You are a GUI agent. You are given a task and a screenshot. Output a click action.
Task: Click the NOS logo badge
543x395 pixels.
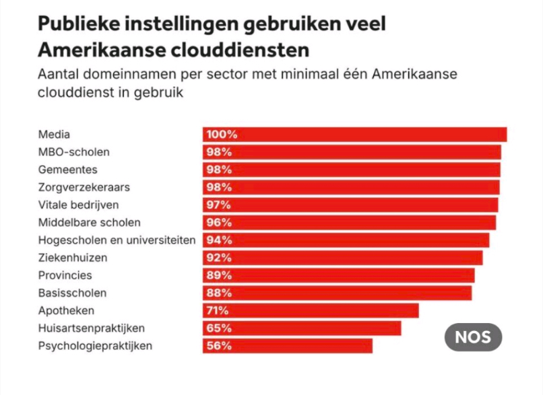473,338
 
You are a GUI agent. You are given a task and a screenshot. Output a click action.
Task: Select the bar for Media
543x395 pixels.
354,135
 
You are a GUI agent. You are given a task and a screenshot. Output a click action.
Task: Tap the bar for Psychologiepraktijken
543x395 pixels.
287,346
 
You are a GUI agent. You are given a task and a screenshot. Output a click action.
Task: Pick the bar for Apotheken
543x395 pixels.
311,310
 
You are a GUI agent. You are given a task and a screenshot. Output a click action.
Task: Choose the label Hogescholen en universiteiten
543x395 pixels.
117,240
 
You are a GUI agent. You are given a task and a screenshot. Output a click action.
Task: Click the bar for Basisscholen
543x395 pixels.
337,293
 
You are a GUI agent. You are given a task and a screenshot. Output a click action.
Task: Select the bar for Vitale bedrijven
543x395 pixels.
350,205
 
